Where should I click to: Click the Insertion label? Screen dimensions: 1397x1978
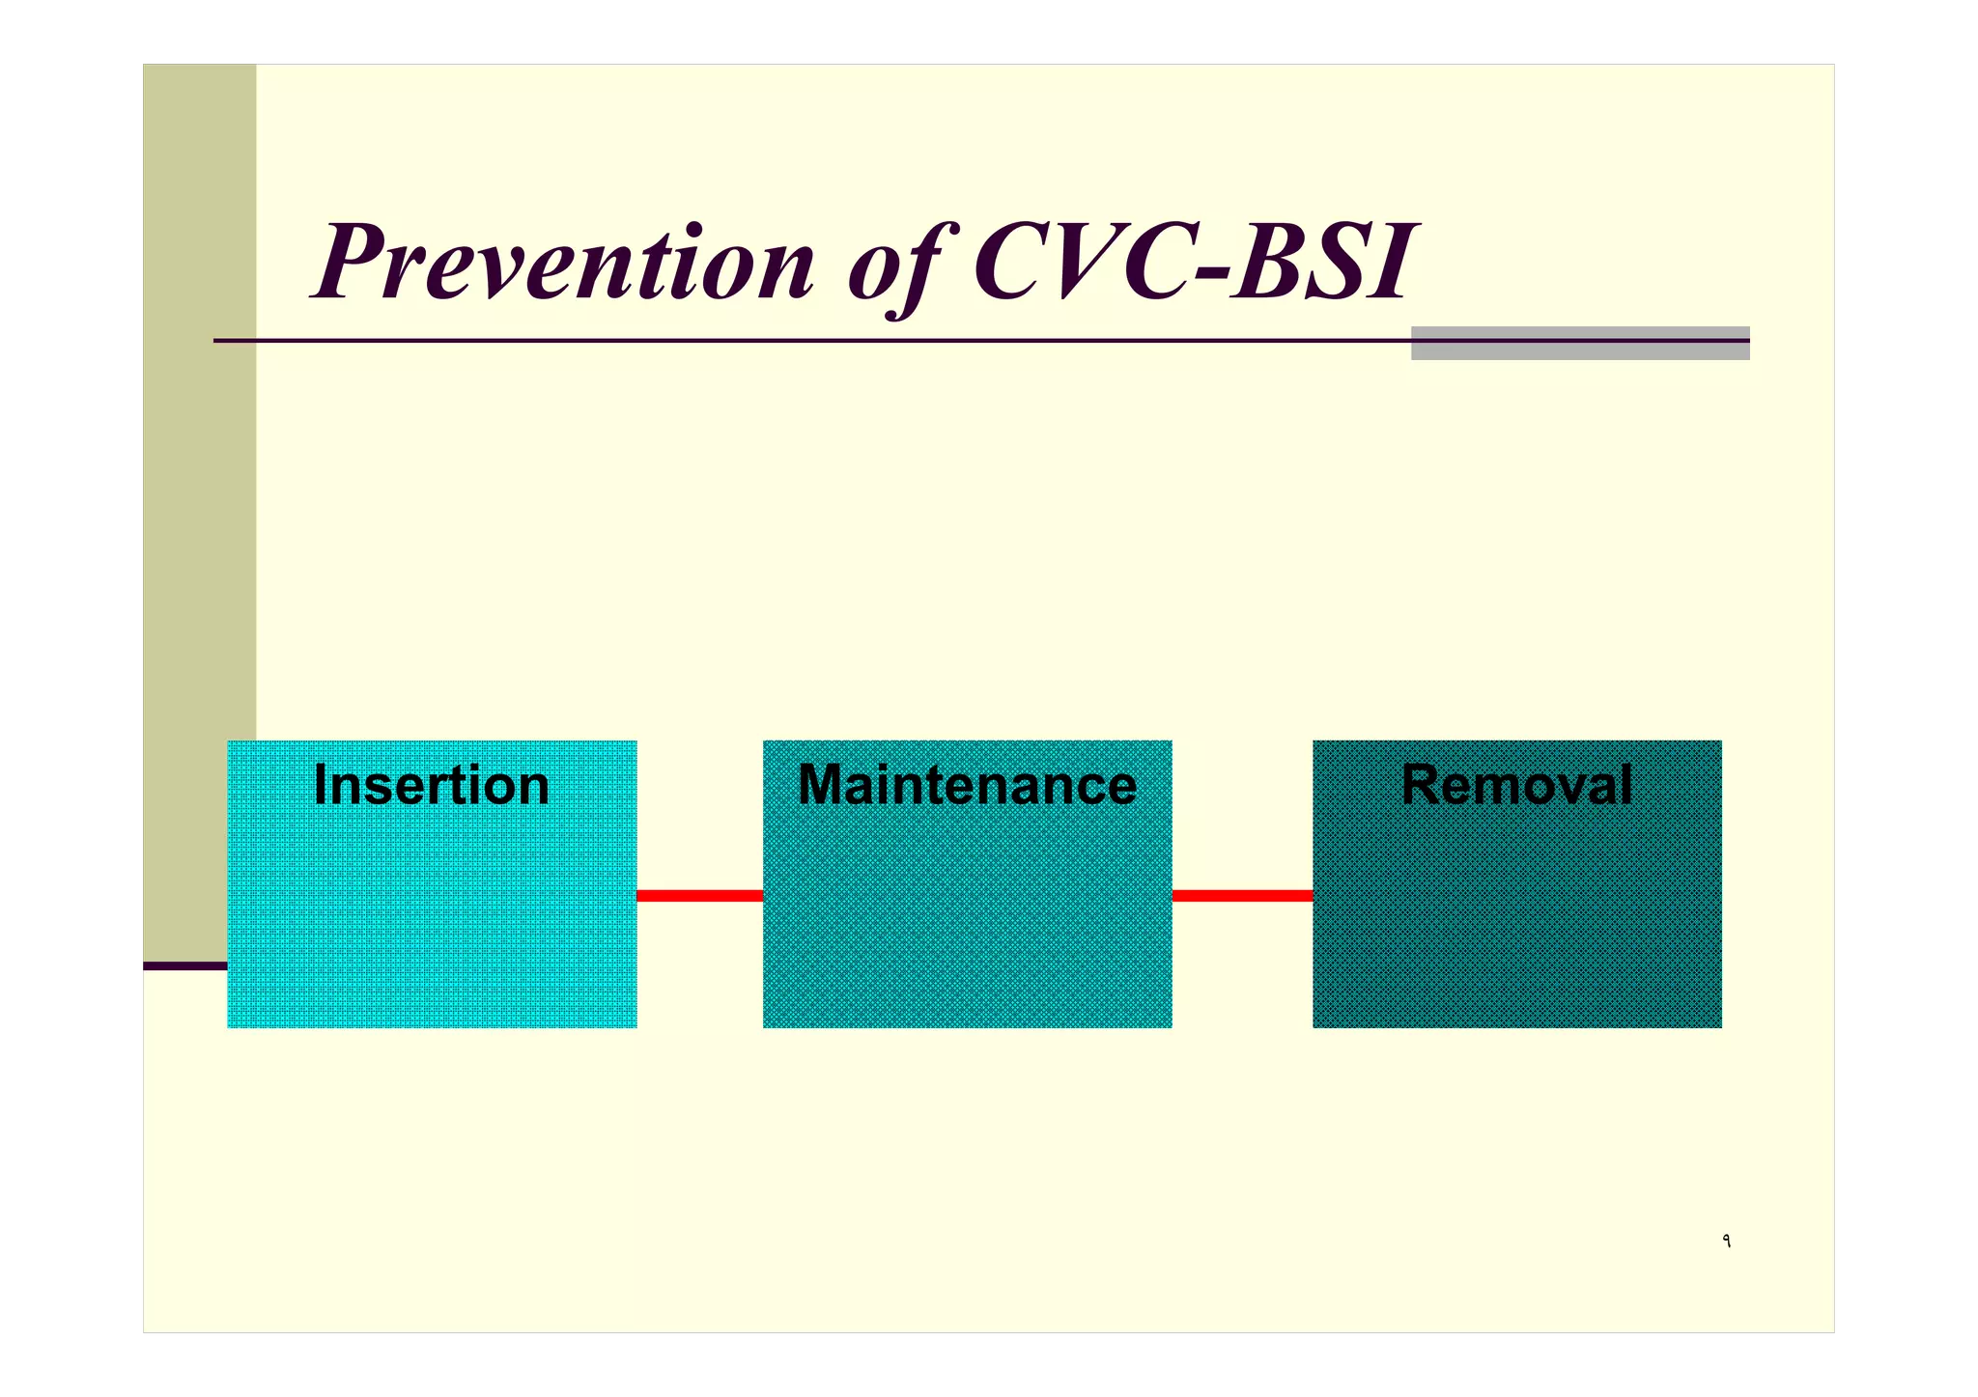(x=432, y=785)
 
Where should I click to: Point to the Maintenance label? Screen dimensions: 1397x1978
(x=967, y=785)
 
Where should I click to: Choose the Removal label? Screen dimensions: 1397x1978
(x=1516, y=785)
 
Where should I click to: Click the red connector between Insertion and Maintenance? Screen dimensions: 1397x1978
(x=699, y=896)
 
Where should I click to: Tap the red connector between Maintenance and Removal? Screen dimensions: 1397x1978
(x=1242, y=896)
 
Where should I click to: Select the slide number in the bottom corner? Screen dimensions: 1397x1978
(x=1726, y=1242)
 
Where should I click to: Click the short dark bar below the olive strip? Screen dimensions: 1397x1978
(x=184, y=965)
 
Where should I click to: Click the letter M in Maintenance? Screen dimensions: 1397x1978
(x=821, y=785)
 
